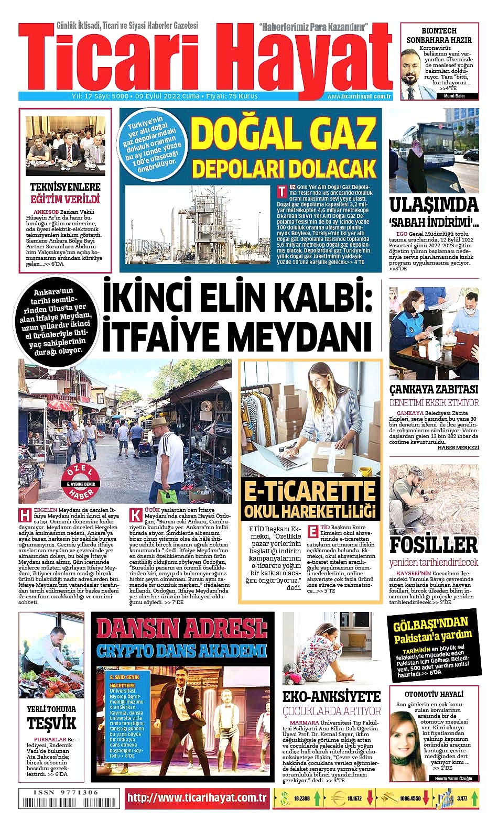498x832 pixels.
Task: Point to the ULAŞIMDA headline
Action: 434,204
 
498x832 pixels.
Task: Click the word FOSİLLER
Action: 434,544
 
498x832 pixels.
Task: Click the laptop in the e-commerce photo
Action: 286,451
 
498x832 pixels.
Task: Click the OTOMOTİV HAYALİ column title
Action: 434,694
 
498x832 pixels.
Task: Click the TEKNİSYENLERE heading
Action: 65,187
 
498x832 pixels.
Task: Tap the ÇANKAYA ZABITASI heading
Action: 434,389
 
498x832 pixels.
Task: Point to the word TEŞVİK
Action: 51,724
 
